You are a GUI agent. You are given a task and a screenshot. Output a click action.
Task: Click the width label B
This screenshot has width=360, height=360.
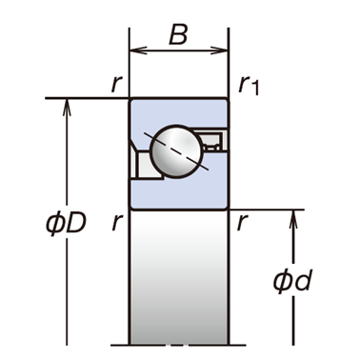178,34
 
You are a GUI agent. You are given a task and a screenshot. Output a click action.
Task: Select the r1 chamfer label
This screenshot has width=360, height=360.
249,86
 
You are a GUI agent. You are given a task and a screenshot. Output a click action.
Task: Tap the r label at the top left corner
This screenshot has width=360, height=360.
117,85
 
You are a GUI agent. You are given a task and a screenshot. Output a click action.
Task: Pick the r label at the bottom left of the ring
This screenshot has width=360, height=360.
117,222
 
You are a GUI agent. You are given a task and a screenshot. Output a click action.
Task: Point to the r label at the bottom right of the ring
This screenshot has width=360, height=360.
242,222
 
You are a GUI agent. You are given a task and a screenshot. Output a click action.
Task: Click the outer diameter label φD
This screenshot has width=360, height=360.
67,223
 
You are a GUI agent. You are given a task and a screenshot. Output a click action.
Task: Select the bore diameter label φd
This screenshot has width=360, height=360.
292,281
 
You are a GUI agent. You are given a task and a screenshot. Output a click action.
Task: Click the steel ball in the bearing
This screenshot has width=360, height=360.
176,151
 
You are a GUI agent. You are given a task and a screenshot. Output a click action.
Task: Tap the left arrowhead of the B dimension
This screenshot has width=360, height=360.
138,50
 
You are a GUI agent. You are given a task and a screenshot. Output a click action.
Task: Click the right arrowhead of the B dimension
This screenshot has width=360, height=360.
220,50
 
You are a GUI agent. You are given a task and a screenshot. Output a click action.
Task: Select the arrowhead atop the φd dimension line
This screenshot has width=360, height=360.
293,218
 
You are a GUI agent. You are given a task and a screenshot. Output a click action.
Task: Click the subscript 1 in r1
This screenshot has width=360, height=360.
255,89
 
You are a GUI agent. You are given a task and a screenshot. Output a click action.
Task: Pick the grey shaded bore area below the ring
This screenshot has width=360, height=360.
178,277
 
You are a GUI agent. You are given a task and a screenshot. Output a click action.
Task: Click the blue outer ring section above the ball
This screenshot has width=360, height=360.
178,112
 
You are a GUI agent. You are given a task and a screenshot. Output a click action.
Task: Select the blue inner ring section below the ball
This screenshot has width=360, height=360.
178,194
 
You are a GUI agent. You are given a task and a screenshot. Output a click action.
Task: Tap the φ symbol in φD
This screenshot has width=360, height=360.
54,223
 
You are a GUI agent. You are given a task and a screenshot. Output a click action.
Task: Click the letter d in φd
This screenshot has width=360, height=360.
303,281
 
